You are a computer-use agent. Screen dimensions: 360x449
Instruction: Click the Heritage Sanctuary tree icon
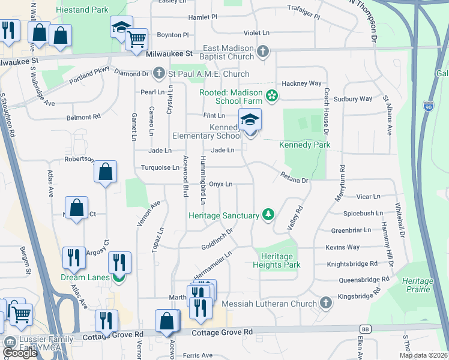click(268, 215)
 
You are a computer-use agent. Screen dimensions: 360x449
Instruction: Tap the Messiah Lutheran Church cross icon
click(326, 302)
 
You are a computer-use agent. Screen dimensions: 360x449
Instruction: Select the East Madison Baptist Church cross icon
click(262, 52)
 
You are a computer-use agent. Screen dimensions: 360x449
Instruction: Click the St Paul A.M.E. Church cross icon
click(159, 74)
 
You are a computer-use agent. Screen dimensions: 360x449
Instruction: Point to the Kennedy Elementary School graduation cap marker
click(250, 120)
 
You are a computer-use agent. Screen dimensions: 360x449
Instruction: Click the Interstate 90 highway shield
click(428, 106)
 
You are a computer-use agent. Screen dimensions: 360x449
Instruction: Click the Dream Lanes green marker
click(119, 277)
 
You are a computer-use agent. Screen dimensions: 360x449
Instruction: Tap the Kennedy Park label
click(305, 145)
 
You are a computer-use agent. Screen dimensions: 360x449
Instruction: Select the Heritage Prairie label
click(418, 285)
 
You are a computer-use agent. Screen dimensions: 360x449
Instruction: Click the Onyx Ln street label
click(220, 184)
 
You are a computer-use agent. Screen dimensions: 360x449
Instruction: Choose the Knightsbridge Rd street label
click(352, 263)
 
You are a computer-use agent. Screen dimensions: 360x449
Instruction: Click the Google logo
click(20, 353)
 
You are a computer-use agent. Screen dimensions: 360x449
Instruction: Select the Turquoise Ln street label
click(160, 168)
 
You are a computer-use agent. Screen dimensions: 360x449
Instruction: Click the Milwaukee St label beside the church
click(170, 53)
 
